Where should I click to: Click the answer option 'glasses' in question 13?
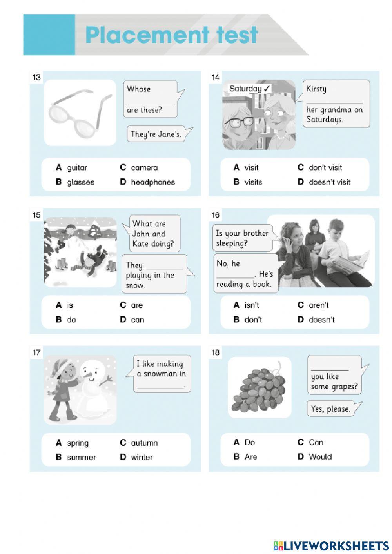point(80,182)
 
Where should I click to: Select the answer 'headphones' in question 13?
point(152,182)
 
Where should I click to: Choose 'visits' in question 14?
point(253,182)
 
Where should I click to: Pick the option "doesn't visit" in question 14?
point(329,182)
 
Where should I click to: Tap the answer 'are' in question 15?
point(137,305)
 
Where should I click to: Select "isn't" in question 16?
point(251,305)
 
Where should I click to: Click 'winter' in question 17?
point(142,457)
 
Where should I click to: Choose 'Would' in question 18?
point(320,457)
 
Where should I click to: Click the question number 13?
point(36,77)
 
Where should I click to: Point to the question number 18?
point(215,352)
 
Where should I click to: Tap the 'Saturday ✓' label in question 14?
point(250,89)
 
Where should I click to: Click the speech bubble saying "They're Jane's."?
point(156,134)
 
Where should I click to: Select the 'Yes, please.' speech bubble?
point(330,409)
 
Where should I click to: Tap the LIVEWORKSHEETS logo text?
point(336,546)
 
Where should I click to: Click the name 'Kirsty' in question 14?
point(316,89)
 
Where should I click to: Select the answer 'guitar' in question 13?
point(77,168)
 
